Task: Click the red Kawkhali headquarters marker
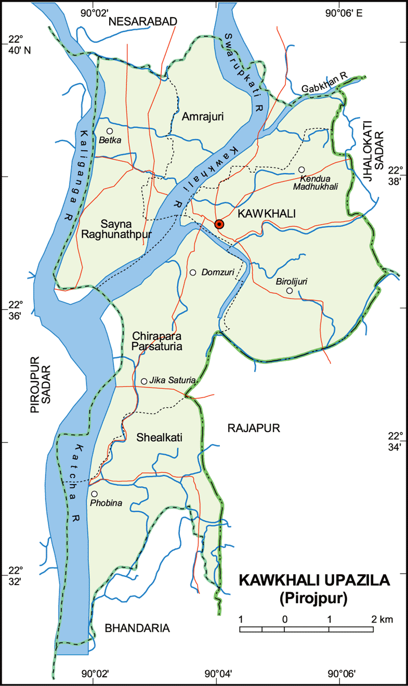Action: [x=219, y=224]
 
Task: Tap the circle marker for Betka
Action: [x=110, y=132]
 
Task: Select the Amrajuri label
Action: [x=203, y=117]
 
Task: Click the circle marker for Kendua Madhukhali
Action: [x=301, y=170]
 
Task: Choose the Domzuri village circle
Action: [x=193, y=273]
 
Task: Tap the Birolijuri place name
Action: [x=292, y=281]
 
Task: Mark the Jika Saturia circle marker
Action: [x=144, y=381]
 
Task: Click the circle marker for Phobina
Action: [x=94, y=494]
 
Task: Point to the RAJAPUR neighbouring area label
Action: [x=254, y=428]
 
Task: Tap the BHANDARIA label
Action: [x=137, y=628]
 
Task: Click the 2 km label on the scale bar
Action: [x=382, y=619]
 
